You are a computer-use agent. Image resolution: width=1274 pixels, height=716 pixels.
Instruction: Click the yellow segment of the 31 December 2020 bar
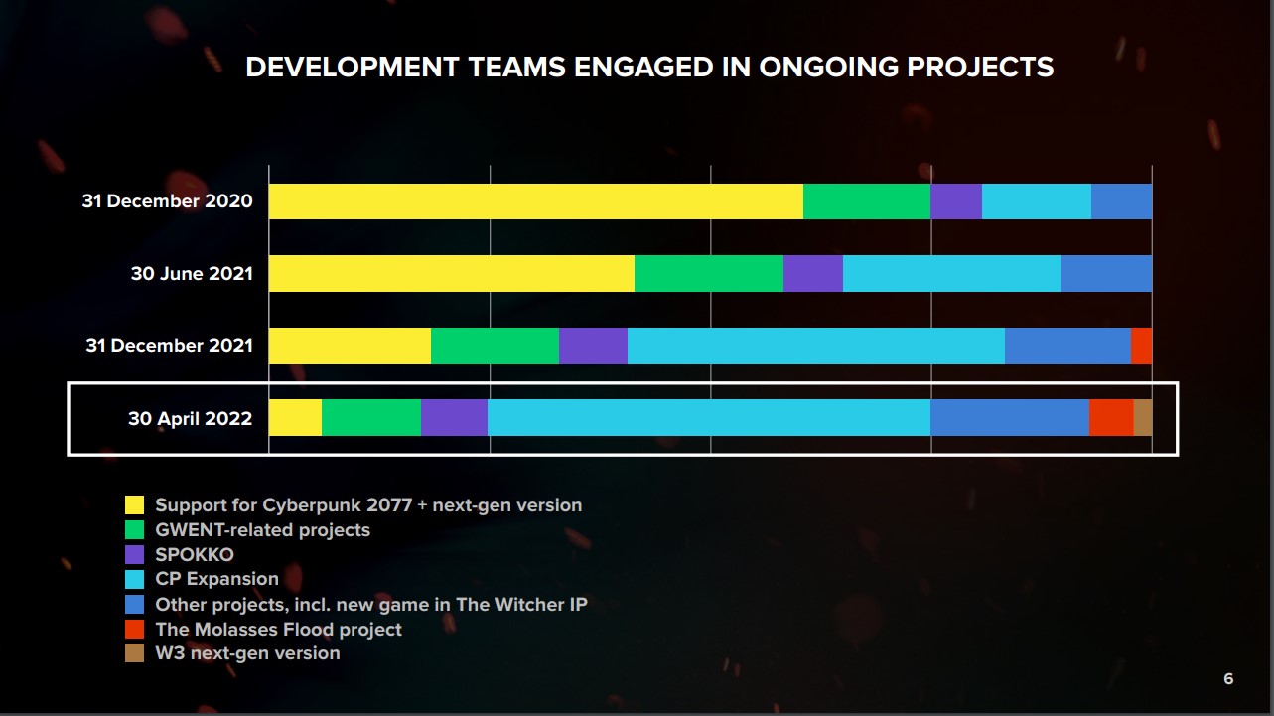pyautogui.click(x=536, y=202)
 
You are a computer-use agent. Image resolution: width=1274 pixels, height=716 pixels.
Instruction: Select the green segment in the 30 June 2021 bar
pyautogui.click(x=709, y=273)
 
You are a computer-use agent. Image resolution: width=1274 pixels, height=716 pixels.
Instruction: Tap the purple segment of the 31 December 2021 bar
pyautogui.click(x=593, y=346)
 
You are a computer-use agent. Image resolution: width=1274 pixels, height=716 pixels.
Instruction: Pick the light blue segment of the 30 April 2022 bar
pyautogui.click(x=709, y=418)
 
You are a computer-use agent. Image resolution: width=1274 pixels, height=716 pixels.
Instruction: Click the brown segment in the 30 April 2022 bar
pyautogui.click(x=1143, y=418)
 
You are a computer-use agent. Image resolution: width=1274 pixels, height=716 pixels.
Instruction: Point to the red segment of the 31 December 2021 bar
pyautogui.click(x=1141, y=346)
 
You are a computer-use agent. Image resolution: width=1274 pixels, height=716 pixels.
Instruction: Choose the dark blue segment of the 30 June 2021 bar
pyautogui.click(x=1106, y=273)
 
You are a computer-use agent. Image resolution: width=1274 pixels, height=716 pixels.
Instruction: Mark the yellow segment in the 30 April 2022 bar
pyautogui.click(x=295, y=418)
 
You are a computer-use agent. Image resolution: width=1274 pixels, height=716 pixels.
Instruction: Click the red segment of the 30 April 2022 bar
pyautogui.click(x=1111, y=418)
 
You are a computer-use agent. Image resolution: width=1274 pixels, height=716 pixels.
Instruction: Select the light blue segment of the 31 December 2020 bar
pyautogui.click(x=1037, y=202)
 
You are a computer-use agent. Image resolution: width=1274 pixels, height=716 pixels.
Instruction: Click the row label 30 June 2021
pyautogui.click(x=192, y=274)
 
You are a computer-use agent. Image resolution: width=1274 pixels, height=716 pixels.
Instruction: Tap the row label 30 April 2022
pyautogui.click(x=190, y=419)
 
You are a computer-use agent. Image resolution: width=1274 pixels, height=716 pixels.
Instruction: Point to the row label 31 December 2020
pyautogui.click(x=167, y=202)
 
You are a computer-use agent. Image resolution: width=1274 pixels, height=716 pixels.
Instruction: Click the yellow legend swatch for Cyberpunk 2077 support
pyautogui.click(x=135, y=505)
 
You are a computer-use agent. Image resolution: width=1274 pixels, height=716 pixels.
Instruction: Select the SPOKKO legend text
pyautogui.click(x=195, y=554)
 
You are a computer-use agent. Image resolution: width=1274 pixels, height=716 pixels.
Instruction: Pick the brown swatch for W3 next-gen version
pyautogui.click(x=135, y=653)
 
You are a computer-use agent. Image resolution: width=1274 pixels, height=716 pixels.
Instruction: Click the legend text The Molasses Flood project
pyautogui.click(x=278, y=630)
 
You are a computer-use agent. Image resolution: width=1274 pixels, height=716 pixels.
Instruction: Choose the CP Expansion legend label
pyautogui.click(x=216, y=579)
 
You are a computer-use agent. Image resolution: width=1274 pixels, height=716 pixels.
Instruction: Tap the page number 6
pyautogui.click(x=1228, y=679)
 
